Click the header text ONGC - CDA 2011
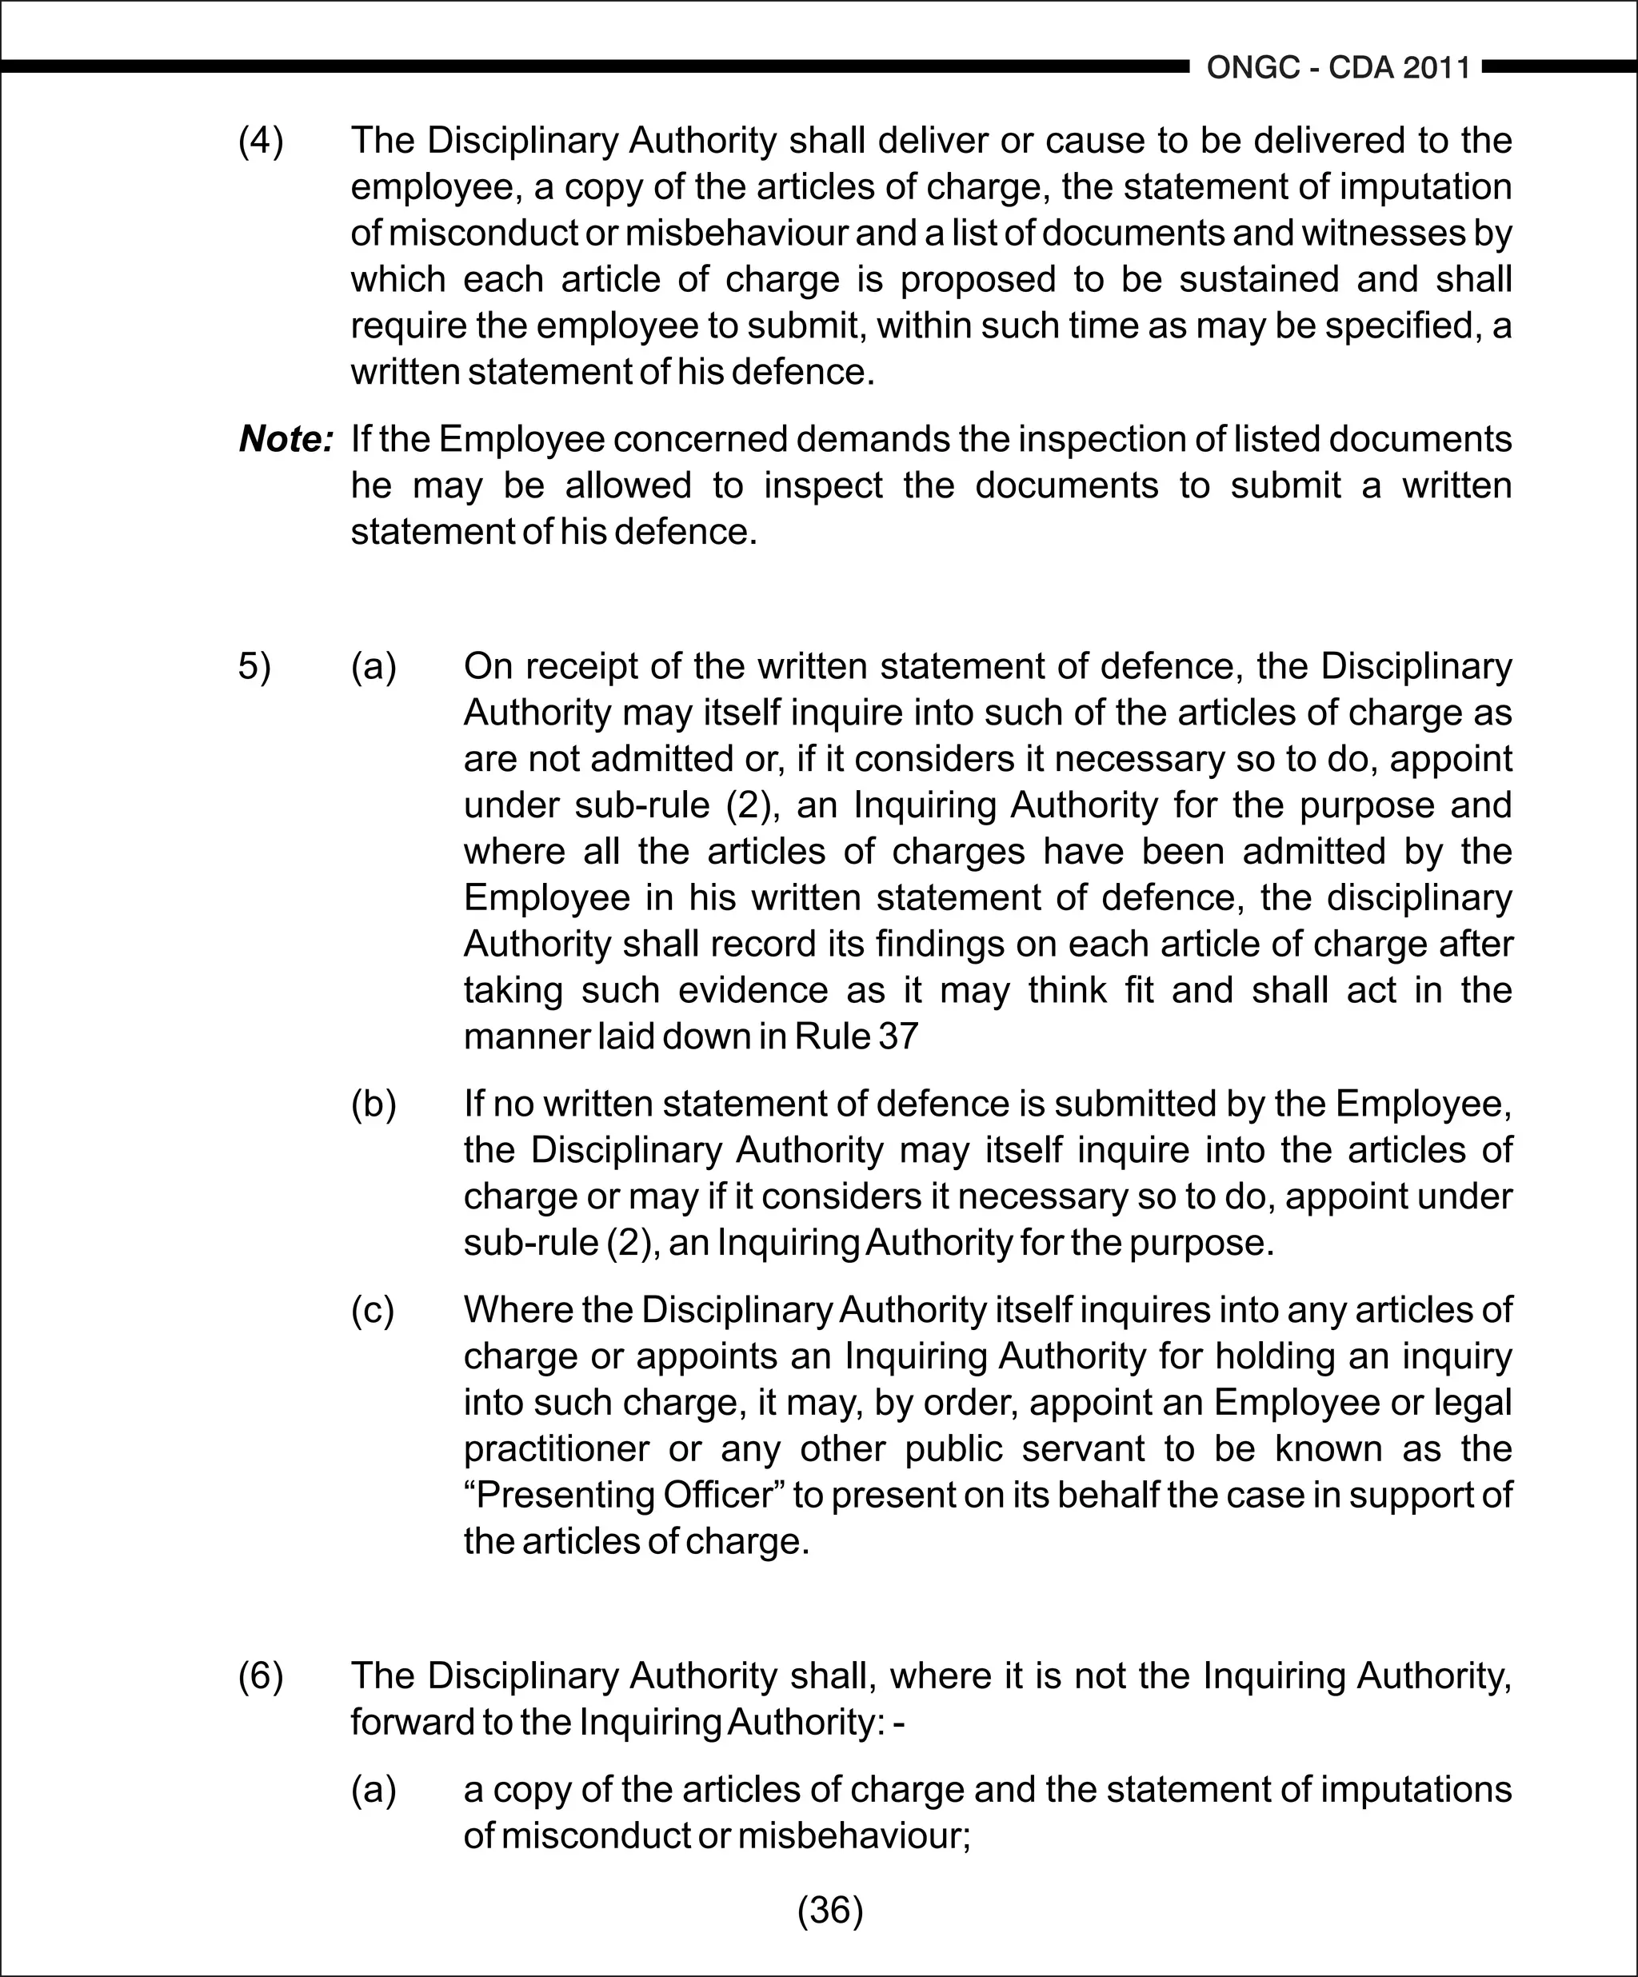[x=1338, y=68]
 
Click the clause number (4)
[x=261, y=142]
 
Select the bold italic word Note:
[x=286, y=439]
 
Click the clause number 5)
[x=254, y=666]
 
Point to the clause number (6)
[x=261, y=1676]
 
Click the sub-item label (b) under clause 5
[x=374, y=1104]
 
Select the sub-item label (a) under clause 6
[x=374, y=1789]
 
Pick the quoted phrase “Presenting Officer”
[x=624, y=1495]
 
